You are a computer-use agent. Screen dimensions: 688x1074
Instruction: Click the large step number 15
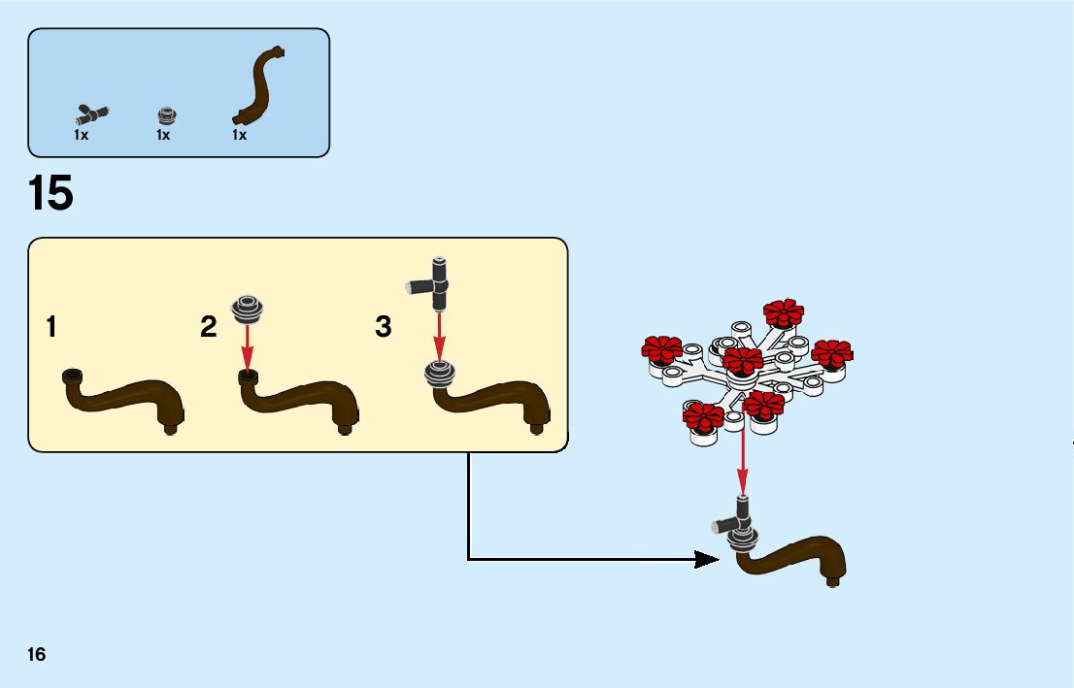[50, 194]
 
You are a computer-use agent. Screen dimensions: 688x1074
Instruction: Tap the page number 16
[37, 654]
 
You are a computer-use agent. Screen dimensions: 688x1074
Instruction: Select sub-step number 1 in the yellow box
[50, 328]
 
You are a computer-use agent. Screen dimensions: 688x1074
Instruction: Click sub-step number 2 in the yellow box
[209, 328]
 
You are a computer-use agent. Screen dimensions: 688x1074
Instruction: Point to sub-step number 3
[384, 328]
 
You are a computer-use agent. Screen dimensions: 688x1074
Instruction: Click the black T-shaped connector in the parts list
[93, 111]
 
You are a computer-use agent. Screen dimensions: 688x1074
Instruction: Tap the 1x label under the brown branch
[239, 136]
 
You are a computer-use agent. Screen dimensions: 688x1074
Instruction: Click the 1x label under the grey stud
[163, 136]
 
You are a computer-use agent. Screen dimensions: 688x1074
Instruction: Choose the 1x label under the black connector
[82, 136]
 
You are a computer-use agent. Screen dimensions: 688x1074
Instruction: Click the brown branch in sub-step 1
[126, 399]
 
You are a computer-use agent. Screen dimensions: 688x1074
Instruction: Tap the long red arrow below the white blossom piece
[743, 461]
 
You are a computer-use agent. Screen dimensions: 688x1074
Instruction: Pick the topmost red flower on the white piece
[783, 313]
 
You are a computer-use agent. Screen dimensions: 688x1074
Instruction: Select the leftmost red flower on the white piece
[663, 351]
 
